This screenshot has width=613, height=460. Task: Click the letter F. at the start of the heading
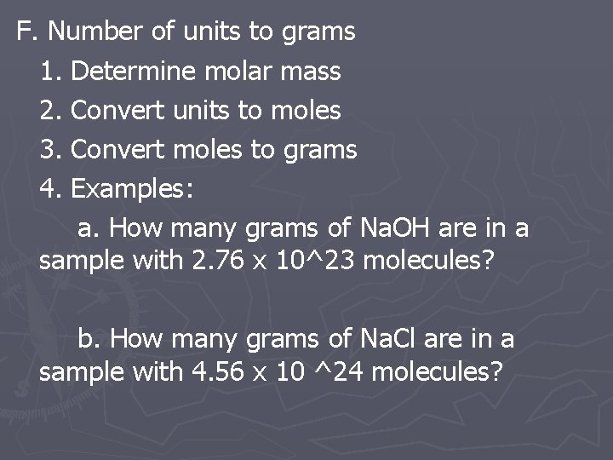(28, 32)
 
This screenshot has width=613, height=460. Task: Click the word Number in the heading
(95, 32)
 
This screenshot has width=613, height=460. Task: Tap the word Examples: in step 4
(133, 189)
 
